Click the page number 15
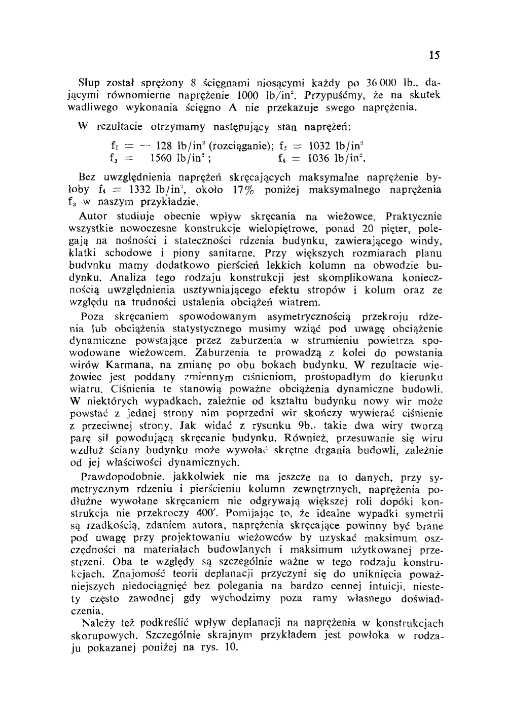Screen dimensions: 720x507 433,55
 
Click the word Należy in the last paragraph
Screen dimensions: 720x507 95,623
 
